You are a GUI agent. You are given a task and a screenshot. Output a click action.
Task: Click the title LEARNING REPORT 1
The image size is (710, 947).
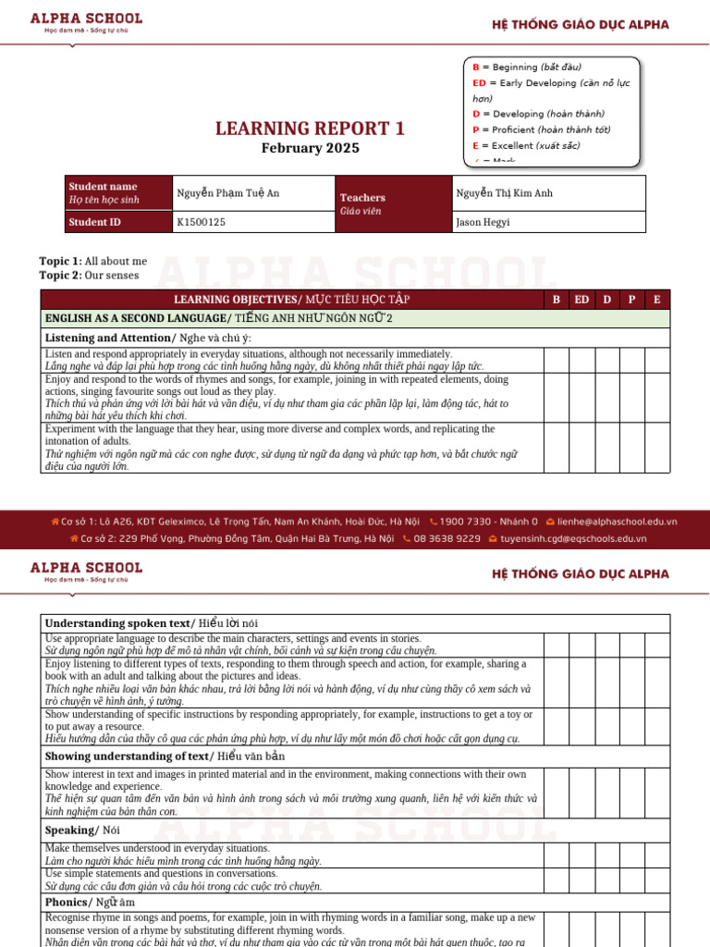(310, 129)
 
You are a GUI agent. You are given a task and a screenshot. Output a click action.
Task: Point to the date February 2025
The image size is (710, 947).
(310, 148)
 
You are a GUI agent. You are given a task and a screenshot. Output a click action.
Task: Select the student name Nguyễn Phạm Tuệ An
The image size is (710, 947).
(227, 193)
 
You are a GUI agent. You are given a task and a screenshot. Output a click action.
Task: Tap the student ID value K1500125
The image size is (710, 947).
(201, 222)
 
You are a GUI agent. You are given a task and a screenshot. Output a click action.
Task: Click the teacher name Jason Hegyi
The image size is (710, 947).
(482, 222)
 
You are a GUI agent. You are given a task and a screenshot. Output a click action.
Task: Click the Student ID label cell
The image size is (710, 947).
(94, 222)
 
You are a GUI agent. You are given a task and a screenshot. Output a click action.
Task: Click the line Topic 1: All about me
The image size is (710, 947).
(92, 261)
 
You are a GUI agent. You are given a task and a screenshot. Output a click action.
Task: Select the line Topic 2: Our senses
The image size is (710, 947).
(89, 275)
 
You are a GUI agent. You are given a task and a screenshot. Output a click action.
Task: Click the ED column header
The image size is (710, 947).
(581, 300)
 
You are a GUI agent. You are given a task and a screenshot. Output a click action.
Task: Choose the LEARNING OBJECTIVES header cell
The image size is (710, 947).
(291, 300)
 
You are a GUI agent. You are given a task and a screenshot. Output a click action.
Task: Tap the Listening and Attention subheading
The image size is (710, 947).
(148, 338)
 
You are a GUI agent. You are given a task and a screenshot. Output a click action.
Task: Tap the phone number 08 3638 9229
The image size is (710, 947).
(447, 538)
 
